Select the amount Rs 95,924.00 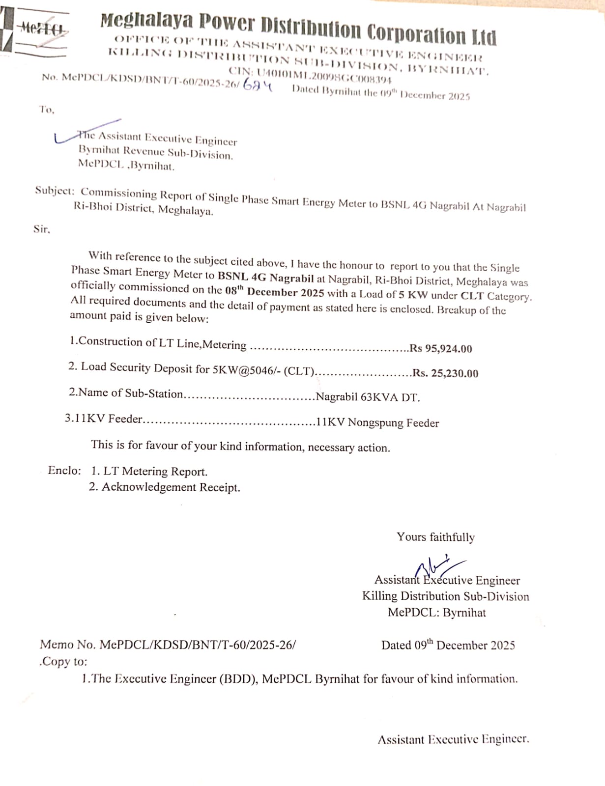441,348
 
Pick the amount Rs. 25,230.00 445,373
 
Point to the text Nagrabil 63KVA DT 368,397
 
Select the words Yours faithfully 435,537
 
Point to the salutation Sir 41,229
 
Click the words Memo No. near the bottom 68,645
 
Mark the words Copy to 63,662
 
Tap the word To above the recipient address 47,110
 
